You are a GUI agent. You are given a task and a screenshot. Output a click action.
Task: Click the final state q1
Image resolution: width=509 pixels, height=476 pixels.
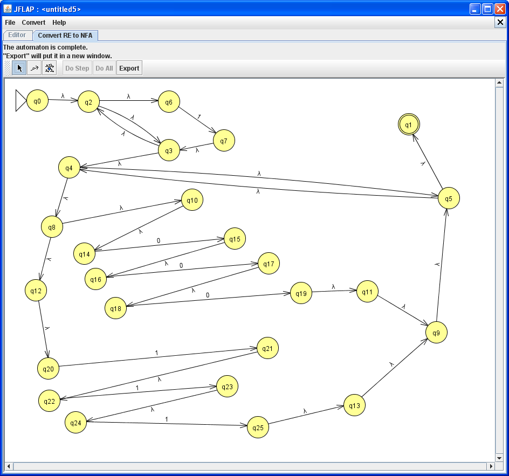coord(409,125)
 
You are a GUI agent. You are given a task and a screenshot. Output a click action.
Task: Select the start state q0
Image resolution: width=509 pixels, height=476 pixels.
coord(37,101)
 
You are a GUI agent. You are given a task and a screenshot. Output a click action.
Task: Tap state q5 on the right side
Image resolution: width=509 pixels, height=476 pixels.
coord(449,199)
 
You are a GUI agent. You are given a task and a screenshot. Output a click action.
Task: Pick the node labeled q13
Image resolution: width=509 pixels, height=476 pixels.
coord(354,405)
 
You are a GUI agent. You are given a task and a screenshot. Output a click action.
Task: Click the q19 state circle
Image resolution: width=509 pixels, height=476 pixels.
coord(301,294)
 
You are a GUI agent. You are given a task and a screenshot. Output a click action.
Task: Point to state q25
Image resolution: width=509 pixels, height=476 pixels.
coord(258,427)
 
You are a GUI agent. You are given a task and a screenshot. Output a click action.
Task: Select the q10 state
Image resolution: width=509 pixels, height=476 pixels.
coord(192,201)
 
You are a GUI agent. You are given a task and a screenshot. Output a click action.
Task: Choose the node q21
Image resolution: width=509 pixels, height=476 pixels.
coord(267,349)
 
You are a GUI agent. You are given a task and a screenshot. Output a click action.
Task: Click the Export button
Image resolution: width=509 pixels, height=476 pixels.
coord(129,68)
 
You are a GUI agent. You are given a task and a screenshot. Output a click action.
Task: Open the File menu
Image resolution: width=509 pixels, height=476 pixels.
coord(10,23)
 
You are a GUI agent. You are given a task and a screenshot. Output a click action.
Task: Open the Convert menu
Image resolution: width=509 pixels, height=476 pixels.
coord(33,23)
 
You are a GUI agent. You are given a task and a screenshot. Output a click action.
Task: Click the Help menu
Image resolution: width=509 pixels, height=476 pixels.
coord(59,23)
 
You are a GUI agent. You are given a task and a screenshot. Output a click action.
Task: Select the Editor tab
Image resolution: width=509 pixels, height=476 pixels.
coord(17,35)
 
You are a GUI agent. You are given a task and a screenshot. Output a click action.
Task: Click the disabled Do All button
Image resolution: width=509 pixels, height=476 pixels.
coord(104,68)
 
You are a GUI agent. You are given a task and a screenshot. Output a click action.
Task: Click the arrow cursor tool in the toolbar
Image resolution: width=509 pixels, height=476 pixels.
coord(19,68)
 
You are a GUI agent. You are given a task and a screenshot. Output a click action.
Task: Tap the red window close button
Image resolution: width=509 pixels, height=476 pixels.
coord(500,9)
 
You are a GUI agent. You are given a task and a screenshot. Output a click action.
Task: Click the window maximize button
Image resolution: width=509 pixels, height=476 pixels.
coord(487,9)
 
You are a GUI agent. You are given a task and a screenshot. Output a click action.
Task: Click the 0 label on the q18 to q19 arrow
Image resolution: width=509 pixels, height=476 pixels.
coord(208,295)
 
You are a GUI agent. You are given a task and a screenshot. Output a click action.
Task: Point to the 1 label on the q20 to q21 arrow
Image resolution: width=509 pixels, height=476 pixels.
coord(157,353)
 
